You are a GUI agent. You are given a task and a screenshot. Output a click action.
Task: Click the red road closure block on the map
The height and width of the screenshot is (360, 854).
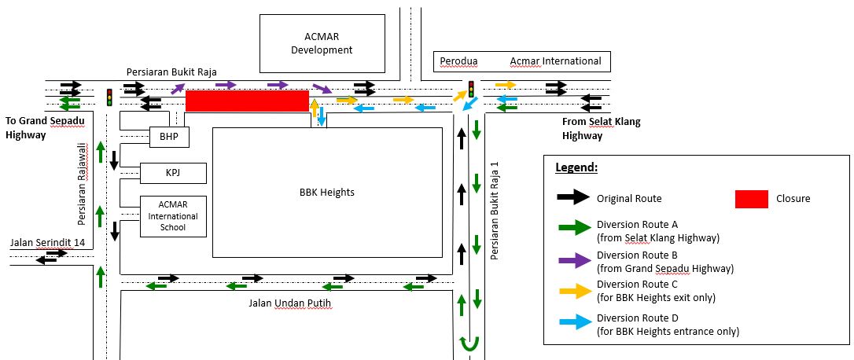coord(246,101)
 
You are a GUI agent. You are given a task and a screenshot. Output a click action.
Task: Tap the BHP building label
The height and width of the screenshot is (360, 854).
coord(169,137)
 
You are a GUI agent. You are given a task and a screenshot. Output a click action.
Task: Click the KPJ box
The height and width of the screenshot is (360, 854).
coord(173,172)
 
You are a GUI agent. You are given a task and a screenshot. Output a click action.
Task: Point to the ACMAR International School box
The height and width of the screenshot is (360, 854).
coord(173,216)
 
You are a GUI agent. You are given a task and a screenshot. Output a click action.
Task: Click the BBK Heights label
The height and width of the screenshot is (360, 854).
coord(327,192)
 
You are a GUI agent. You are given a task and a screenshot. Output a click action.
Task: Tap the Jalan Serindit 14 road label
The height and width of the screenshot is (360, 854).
coord(47,243)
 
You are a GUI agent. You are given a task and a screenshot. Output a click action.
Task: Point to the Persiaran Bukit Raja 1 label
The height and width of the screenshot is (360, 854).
coord(495,210)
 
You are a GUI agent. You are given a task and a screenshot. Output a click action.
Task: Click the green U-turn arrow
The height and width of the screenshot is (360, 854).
coord(470,343)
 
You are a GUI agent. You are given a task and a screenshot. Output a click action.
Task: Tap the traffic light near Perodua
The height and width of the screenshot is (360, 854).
coord(471,89)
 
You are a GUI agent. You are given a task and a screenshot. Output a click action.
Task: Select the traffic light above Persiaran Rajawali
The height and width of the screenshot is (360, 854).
coord(110,97)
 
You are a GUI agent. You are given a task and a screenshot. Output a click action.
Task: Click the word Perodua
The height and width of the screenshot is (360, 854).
coord(458,61)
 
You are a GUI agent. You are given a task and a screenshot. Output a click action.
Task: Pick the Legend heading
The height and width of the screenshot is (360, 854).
coord(576,168)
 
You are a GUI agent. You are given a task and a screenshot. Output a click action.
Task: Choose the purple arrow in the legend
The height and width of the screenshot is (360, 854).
coord(572,261)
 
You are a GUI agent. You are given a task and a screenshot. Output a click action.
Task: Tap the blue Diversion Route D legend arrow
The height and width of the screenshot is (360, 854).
coord(572,323)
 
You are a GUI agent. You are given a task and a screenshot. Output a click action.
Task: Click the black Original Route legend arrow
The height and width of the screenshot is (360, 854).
coord(572,198)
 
